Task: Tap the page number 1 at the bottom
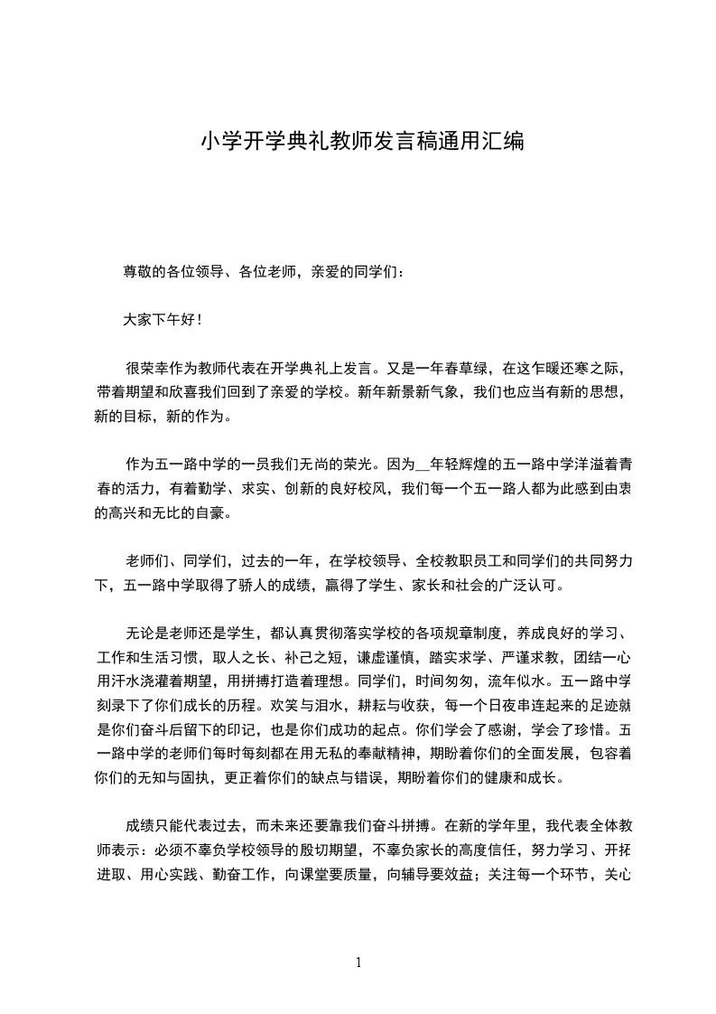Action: tap(358, 962)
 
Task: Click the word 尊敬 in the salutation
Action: tap(138, 271)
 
